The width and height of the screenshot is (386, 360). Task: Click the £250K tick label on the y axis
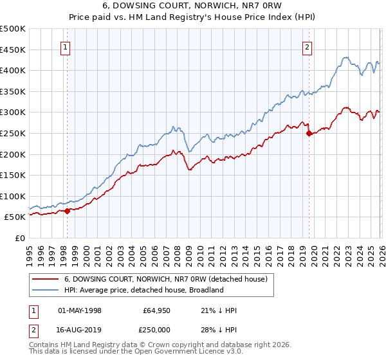(x=13, y=133)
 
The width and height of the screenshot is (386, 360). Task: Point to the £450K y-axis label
(x=13, y=50)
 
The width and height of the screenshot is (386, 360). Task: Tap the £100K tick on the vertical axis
(x=13, y=196)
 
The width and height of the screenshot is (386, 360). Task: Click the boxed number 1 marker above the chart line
(x=66, y=46)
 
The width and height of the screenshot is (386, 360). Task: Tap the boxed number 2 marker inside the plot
(x=308, y=46)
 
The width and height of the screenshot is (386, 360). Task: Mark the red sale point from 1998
(x=67, y=211)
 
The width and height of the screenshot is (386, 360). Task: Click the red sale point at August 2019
(x=309, y=134)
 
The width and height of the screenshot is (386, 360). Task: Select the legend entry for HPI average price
(x=143, y=290)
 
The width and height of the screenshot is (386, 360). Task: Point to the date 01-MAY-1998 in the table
(x=80, y=310)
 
